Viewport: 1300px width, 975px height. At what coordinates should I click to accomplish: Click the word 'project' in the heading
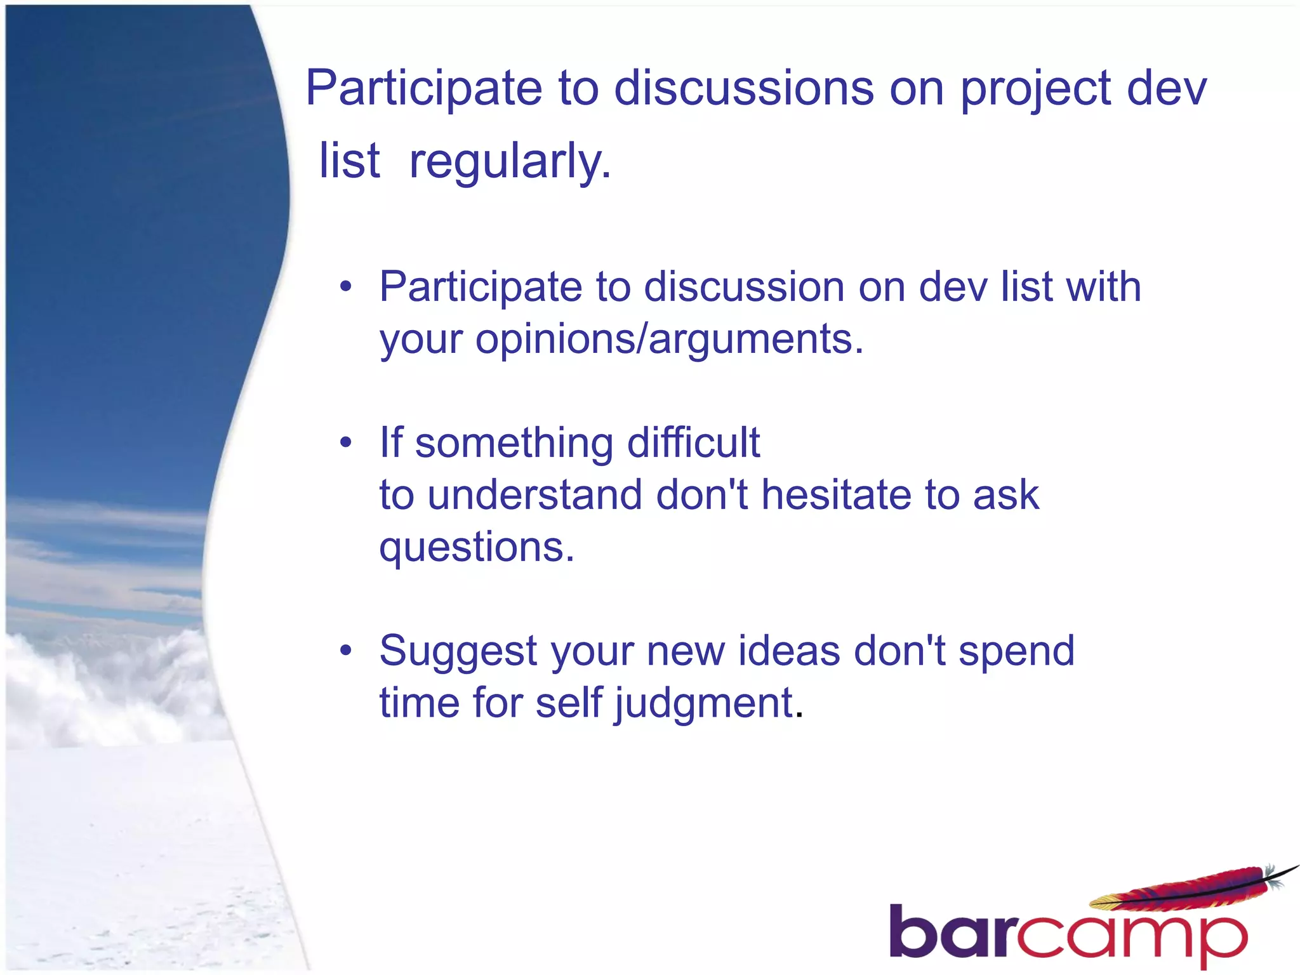1035,89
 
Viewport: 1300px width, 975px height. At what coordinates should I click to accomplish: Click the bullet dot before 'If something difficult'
345,442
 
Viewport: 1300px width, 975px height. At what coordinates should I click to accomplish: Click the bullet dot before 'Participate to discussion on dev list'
345,287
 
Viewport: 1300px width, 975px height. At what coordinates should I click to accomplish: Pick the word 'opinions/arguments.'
669,339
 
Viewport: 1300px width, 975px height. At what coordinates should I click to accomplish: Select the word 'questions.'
477,547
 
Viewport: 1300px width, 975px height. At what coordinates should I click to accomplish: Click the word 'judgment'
704,703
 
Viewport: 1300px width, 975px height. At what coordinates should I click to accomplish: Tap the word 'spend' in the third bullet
1016,651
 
